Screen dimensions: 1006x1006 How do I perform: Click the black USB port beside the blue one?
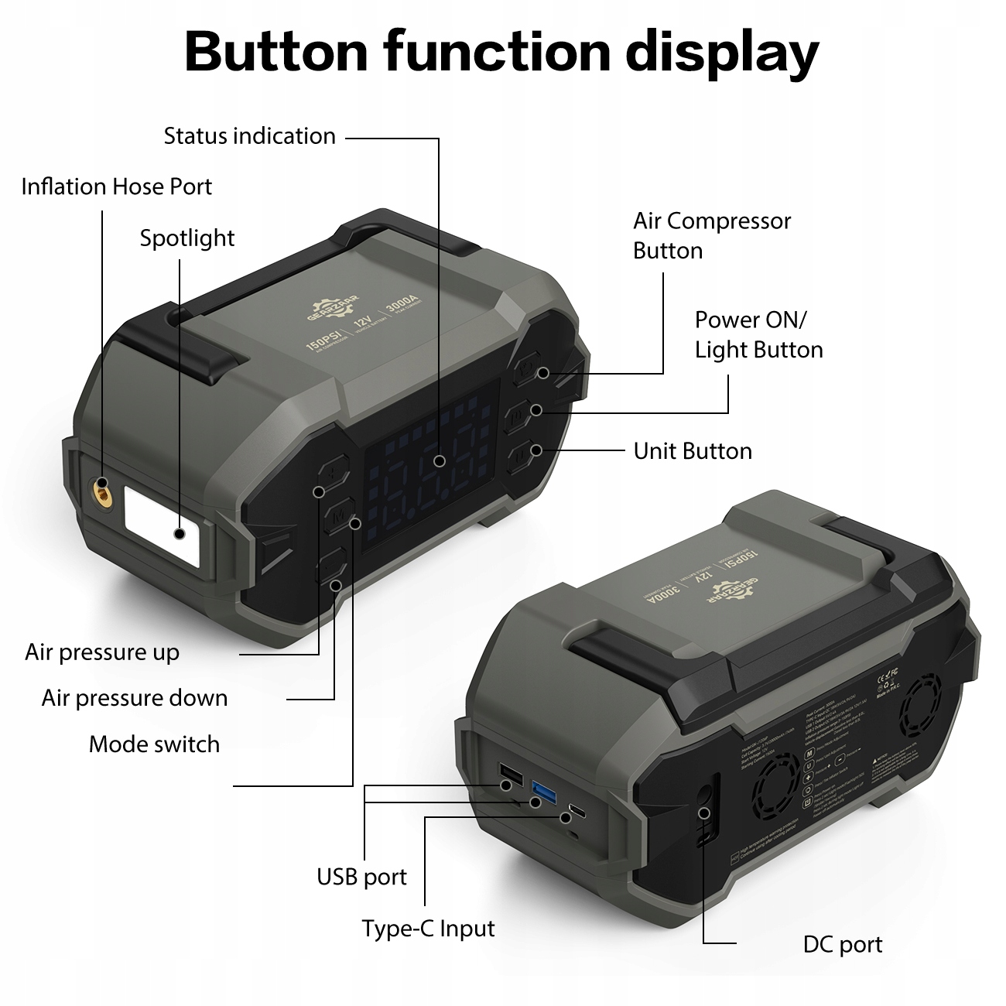(x=511, y=775)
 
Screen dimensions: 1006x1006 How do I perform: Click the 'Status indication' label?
(x=249, y=136)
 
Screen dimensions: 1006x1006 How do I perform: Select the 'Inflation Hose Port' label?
(x=116, y=186)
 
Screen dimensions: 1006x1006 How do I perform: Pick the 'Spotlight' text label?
(x=186, y=238)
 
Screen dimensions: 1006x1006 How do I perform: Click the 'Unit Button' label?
(x=692, y=451)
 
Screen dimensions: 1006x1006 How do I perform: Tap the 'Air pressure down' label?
(x=134, y=698)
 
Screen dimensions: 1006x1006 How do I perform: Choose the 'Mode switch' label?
(x=154, y=744)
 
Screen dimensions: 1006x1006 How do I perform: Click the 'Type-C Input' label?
(x=428, y=929)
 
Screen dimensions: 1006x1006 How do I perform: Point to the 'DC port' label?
(x=842, y=945)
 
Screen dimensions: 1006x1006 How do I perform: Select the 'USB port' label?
(x=361, y=878)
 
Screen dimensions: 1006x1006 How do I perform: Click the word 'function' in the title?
(x=497, y=52)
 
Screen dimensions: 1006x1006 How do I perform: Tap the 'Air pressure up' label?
(x=101, y=652)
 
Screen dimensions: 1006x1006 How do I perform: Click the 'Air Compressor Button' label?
(x=711, y=236)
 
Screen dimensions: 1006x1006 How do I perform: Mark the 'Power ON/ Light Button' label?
(x=758, y=335)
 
